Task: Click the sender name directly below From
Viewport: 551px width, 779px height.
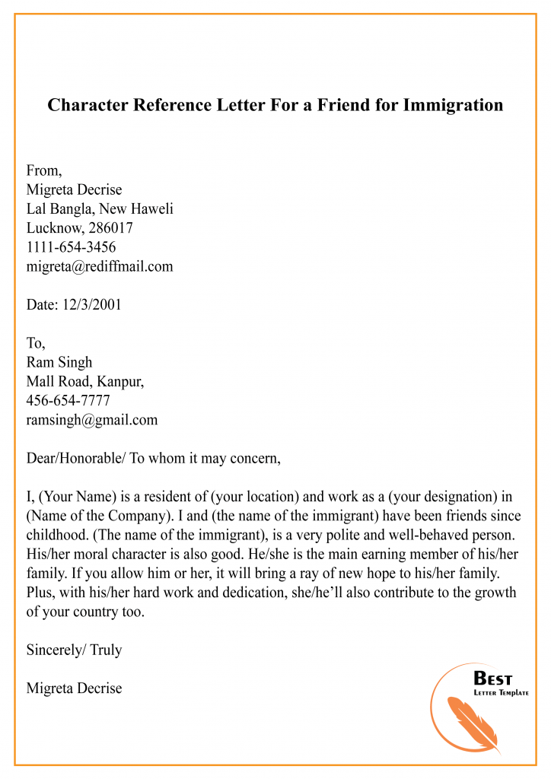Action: (74, 189)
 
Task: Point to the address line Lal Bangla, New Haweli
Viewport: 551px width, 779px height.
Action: (100, 208)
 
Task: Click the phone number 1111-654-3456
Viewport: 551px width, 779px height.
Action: (71, 247)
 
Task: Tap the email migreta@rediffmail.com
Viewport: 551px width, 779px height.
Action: (100, 266)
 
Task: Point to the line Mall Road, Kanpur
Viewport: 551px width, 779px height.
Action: (85, 381)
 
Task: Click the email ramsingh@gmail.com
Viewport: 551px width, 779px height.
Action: (92, 419)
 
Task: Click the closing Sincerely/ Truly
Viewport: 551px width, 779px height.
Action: (74, 650)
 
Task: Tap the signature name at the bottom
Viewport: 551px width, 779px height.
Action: (74, 688)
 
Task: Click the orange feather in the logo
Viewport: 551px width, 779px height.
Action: (476, 719)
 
